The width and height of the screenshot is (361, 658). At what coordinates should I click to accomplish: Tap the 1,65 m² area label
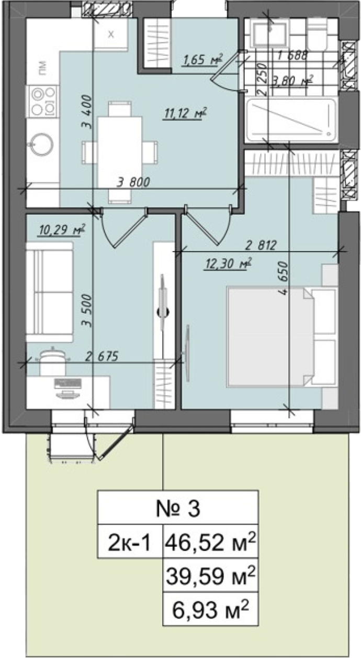(202, 60)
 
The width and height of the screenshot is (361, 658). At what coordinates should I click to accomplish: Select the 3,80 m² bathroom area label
(292, 80)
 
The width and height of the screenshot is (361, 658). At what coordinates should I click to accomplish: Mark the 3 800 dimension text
(133, 182)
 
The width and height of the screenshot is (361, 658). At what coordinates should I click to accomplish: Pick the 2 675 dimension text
(102, 356)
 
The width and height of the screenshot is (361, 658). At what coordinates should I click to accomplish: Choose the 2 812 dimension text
(261, 245)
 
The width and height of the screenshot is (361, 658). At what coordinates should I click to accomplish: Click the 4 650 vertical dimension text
(284, 279)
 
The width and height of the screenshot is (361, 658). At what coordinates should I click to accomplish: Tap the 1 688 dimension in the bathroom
(292, 55)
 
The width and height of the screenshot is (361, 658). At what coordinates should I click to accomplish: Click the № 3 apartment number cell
(178, 509)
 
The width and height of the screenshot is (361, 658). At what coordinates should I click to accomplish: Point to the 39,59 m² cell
(210, 575)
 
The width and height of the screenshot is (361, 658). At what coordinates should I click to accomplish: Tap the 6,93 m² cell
(210, 609)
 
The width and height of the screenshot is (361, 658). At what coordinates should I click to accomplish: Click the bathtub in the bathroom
(291, 120)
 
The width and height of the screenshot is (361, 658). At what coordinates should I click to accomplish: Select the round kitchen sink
(42, 144)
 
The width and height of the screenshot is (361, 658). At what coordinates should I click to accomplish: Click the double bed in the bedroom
(282, 337)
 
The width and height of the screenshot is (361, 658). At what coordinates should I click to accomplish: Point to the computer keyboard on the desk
(68, 383)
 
